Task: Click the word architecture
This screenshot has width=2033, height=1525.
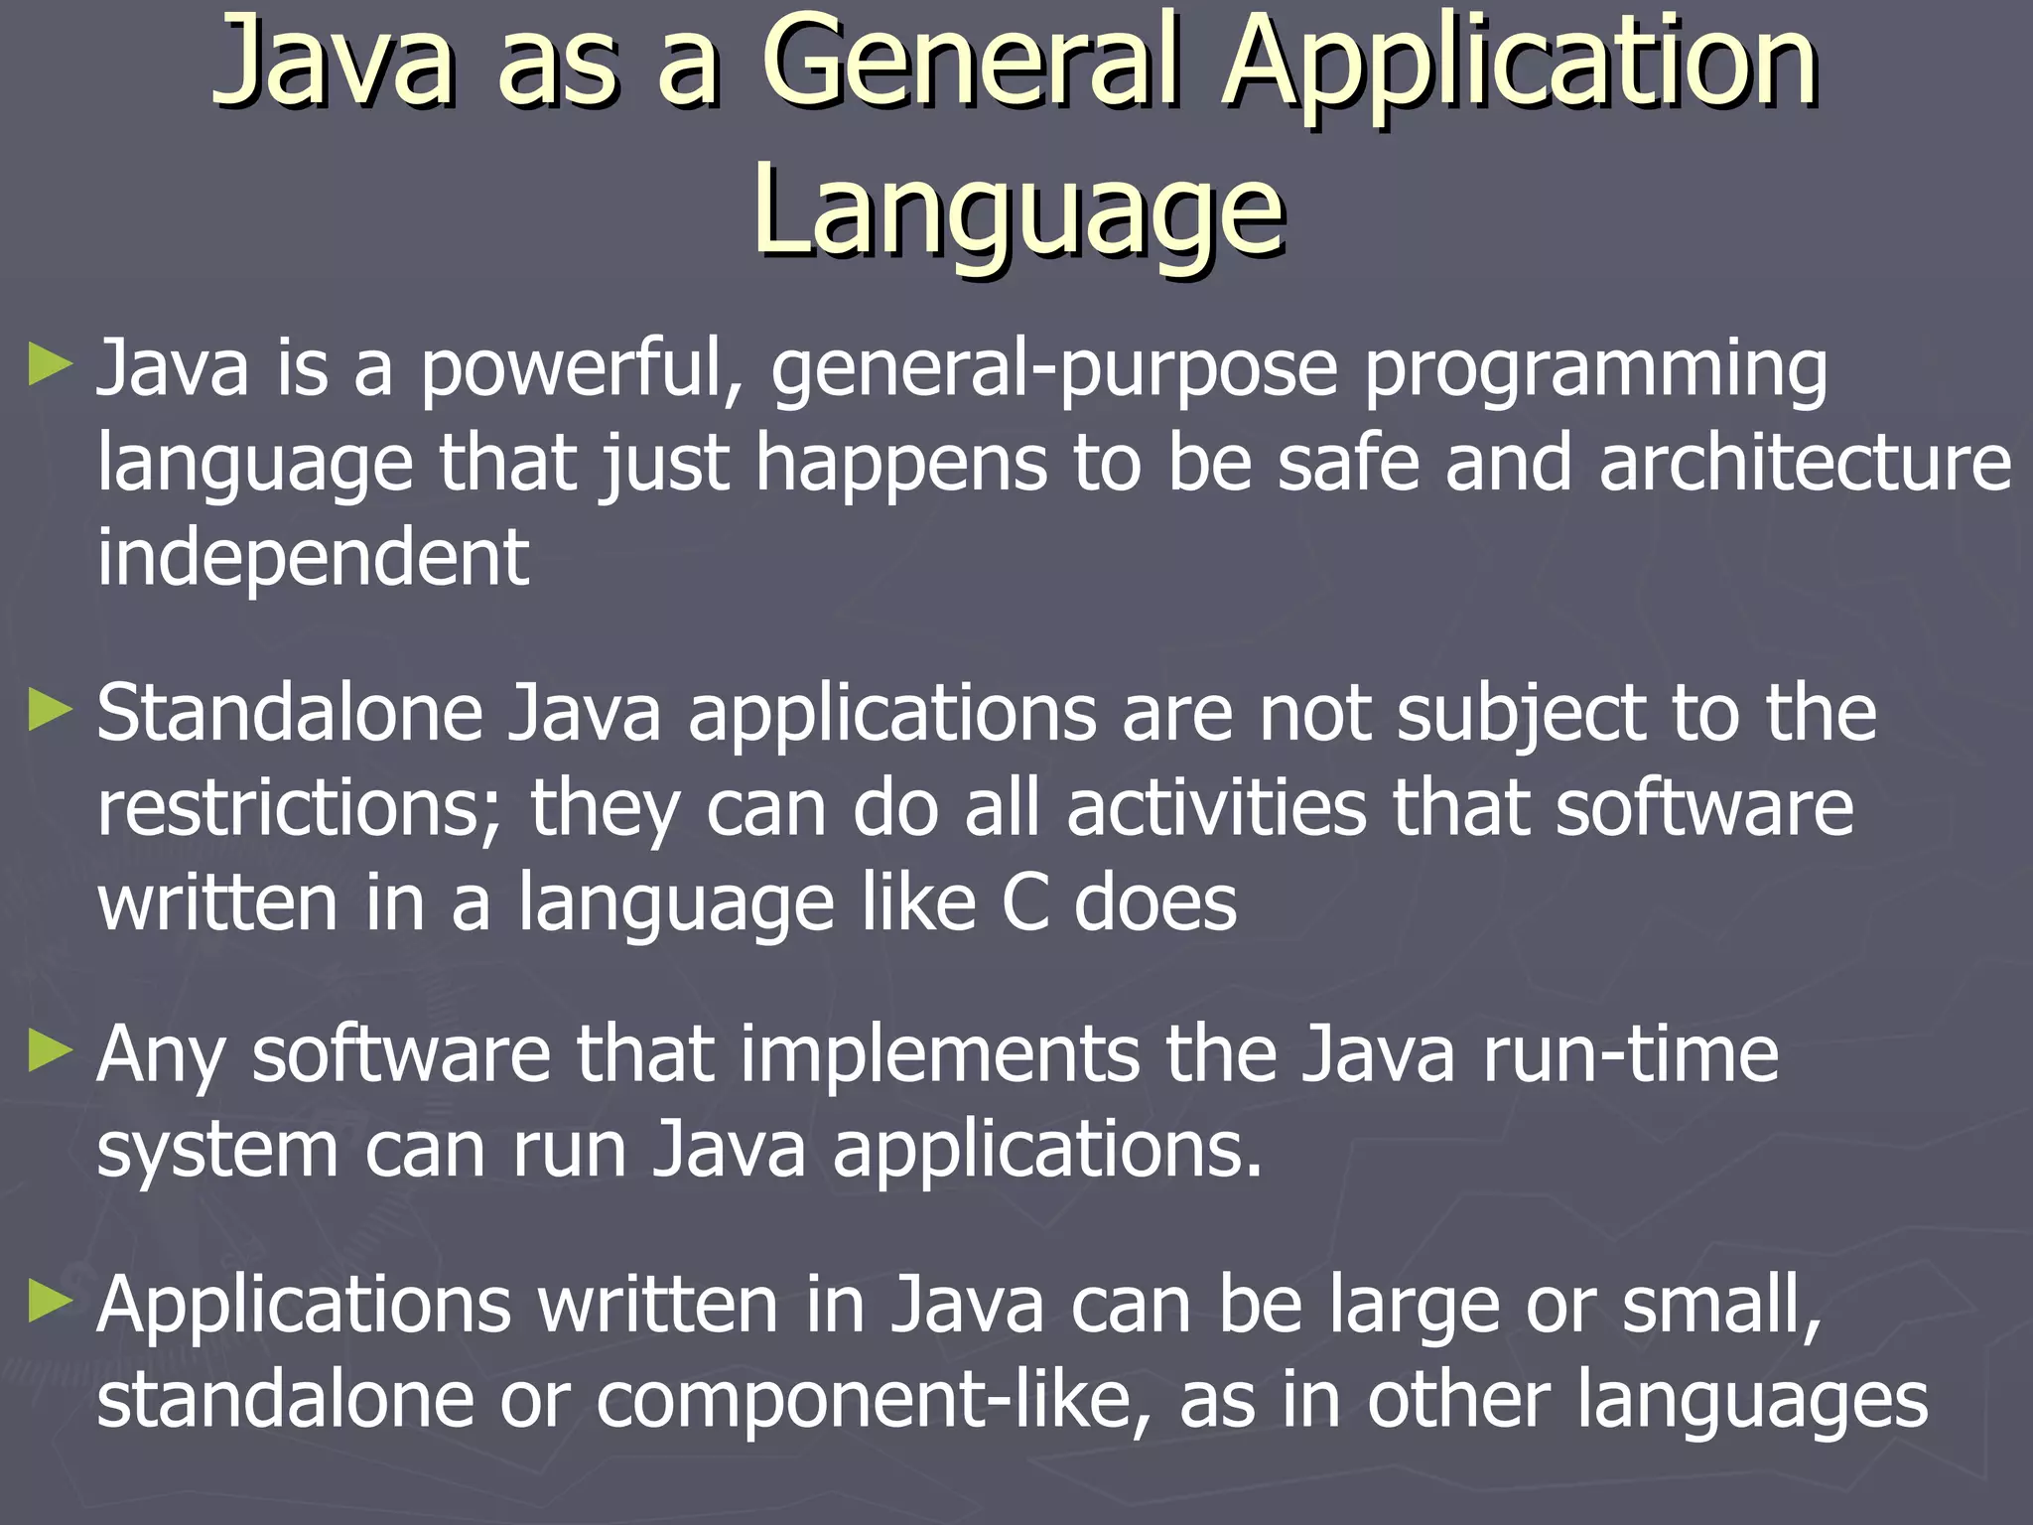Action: point(1805,463)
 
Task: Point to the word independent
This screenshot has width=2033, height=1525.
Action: point(313,557)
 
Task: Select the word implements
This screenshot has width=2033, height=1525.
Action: point(938,1053)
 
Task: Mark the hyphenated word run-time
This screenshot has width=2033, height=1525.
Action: point(1630,1053)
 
